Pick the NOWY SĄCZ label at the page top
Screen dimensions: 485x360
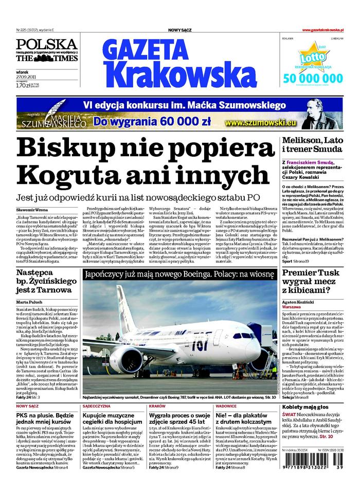[x=180, y=31]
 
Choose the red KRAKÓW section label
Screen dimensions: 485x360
[x=156, y=406]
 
